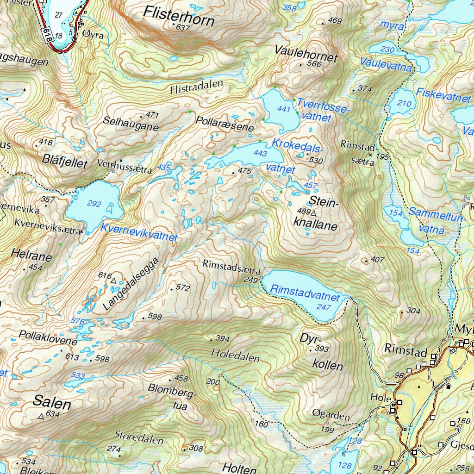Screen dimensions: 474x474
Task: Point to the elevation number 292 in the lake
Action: pyautogui.click(x=94, y=204)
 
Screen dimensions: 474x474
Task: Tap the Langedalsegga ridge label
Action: pyautogui.click(x=134, y=284)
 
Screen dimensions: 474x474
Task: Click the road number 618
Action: pyautogui.click(x=48, y=35)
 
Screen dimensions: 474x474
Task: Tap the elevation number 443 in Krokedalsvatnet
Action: pyautogui.click(x=261, y=153)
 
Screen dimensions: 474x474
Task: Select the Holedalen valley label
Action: pyautogui.click(x=233, y=354)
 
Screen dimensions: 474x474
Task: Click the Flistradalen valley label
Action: pyautogui.click(x=196, y=86)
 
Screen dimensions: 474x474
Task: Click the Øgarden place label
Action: pyautogui.click(x=331, y=416)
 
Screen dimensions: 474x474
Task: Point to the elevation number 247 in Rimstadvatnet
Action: pyautogui.click(x=324, y=307)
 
